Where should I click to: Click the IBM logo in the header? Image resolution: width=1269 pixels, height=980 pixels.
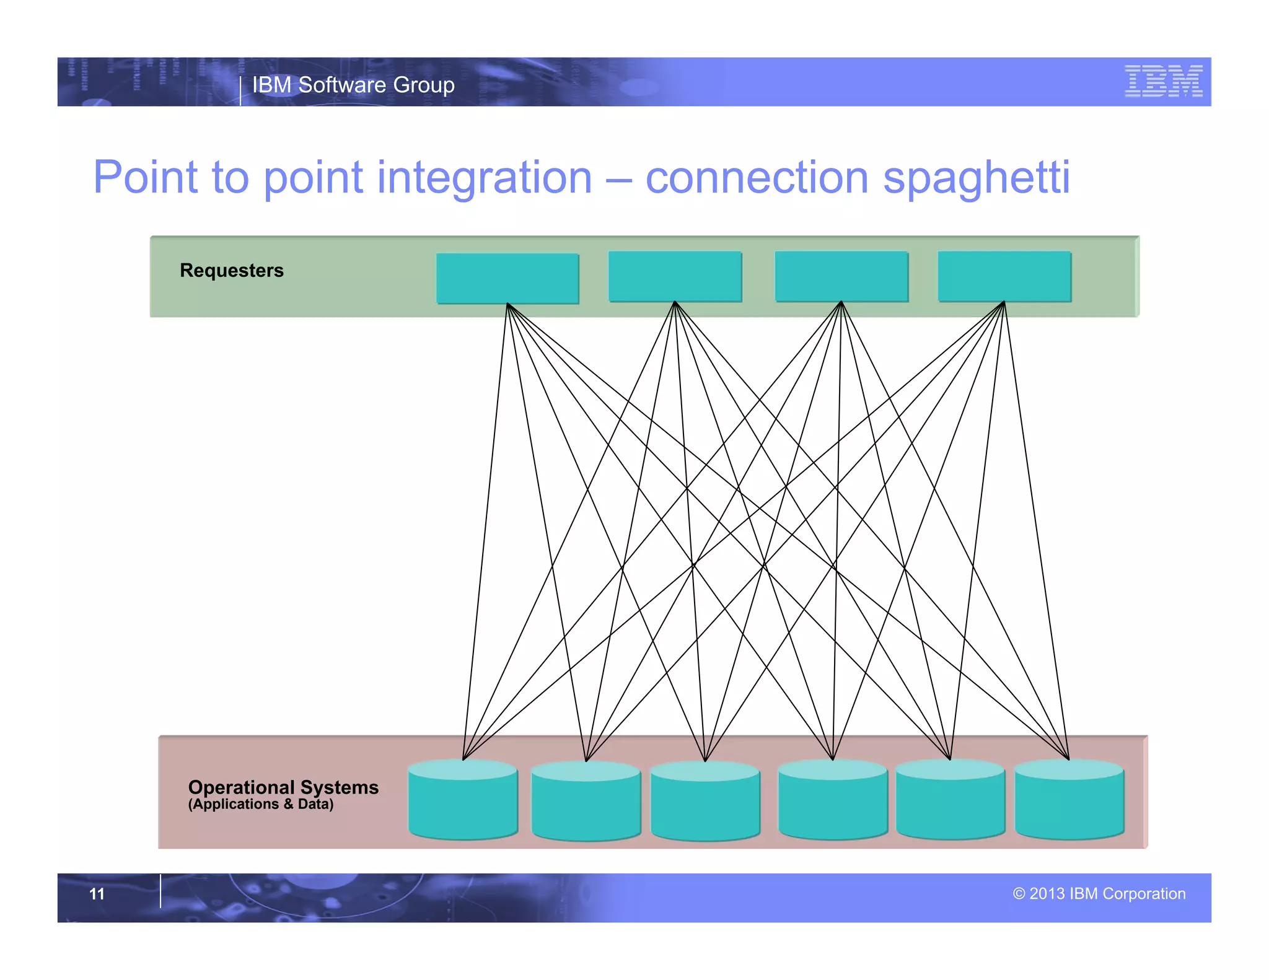[1163, 81]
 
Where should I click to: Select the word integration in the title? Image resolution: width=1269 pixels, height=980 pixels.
[484, 178]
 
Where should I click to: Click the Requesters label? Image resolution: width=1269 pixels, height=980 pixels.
[232, 271]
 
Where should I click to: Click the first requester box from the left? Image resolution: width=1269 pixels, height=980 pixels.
[507, 278]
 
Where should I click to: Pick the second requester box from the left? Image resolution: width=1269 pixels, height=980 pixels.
[675, 276]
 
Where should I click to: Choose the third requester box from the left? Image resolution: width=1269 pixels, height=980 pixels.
[841, 276]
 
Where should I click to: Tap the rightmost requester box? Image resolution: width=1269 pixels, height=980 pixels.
[1004, 276]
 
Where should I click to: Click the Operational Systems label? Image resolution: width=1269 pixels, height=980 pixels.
[283, 787]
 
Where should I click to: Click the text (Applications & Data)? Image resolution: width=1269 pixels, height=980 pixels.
[261, 805]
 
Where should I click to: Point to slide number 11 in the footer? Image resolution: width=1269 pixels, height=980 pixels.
[97, 894]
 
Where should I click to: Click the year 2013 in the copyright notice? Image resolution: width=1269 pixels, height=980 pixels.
[1047, 894]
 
